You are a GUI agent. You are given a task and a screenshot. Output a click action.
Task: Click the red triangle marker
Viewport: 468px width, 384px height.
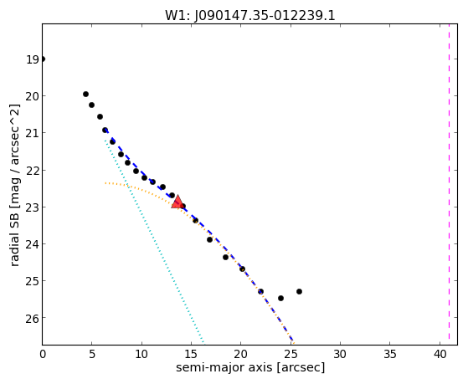(x=177, y=202)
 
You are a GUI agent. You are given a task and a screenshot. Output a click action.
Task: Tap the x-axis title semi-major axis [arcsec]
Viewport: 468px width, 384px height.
(x=250, y=367)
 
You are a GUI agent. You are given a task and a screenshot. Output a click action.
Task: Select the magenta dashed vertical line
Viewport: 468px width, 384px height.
(x=449, y=184)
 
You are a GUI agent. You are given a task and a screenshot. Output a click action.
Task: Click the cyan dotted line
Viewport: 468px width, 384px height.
(x=154, y=241)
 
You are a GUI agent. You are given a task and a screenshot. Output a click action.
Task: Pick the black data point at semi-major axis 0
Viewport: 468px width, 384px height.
(x=43, y=59)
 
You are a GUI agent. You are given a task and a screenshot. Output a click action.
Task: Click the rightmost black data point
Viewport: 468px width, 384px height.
(x=299, y=291)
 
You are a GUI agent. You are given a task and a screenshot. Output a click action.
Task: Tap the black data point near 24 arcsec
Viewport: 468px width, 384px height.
(x=280, y=298)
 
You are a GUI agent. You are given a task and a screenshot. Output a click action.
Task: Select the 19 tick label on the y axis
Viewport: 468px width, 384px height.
(x=33, y=59)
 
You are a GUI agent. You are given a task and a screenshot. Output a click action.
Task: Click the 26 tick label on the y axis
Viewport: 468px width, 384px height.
(x=32, y=319)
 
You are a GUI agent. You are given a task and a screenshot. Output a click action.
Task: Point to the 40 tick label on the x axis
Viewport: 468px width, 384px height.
(x=440, y=354)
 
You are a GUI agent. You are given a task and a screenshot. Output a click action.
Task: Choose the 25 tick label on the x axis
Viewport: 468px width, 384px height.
(x=291, y=354)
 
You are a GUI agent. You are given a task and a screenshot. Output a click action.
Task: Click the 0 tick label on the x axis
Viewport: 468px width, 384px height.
(x=43, y=354)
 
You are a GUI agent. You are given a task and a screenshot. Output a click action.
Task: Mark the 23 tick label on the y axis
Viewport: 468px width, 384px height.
(x=32, y=207)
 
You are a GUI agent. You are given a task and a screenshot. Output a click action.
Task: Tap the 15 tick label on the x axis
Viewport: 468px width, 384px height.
(x=192, y=354)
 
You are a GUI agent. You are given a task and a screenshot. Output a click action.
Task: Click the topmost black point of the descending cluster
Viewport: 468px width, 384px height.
(x=85, y=94)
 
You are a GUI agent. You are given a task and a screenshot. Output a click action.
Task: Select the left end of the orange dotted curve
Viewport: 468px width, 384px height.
(x=105, y=183)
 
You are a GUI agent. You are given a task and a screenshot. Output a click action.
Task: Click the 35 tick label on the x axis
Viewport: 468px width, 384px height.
(x=390, y=354)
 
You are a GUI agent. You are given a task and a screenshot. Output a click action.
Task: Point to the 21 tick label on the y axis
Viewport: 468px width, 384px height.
(x=32, y=133)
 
